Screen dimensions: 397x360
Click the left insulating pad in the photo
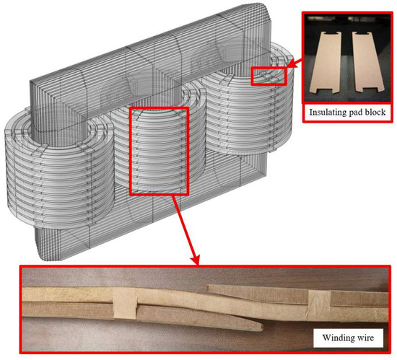click(x=326, y=62)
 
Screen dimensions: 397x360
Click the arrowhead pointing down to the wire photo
click(x=196, y=260)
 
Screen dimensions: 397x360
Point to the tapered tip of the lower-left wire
click(x=261, y=328)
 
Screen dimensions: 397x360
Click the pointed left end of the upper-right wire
click(x=208, y=287)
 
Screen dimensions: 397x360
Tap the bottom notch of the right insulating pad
click(x=368, y=89)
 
